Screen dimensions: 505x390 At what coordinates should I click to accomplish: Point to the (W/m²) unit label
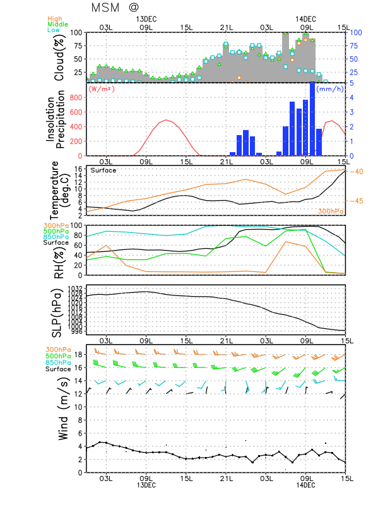(102, 89)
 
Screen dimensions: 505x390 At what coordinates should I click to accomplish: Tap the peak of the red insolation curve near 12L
(166, 120)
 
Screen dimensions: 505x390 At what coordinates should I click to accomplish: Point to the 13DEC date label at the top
(146, 19)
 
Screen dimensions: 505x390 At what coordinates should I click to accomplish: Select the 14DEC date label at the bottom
(305, 484)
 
